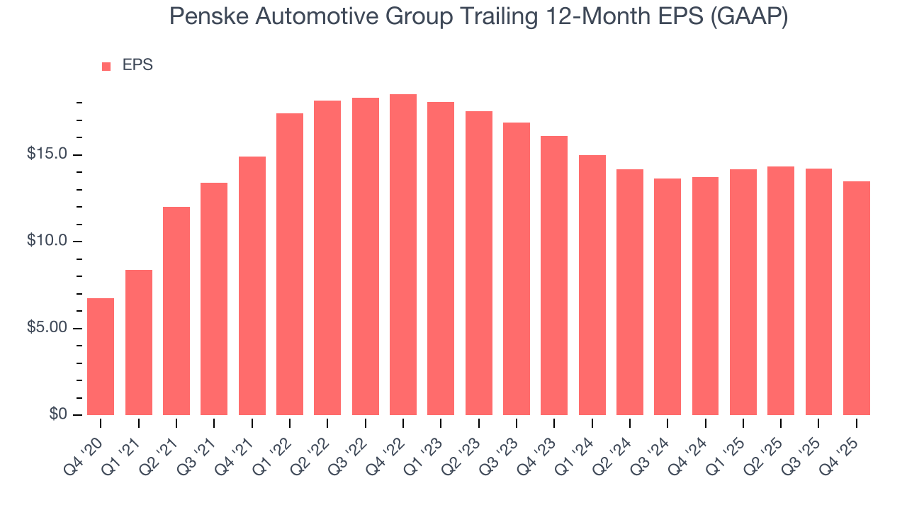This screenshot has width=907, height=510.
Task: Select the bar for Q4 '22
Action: click(403, 254)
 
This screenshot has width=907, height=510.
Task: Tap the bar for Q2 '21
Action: click(176, 311)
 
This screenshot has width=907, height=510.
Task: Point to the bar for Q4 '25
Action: click(857, 298)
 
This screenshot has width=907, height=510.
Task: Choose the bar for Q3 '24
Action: click(667, 297)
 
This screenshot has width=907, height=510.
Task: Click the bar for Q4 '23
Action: click(554, 276)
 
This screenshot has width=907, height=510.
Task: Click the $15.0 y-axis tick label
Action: click(47, 154)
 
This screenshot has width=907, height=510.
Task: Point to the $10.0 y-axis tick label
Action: click(47, 242)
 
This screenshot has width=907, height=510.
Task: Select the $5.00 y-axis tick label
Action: click(47, 328)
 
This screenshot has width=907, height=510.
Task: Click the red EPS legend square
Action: click(106, 66)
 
